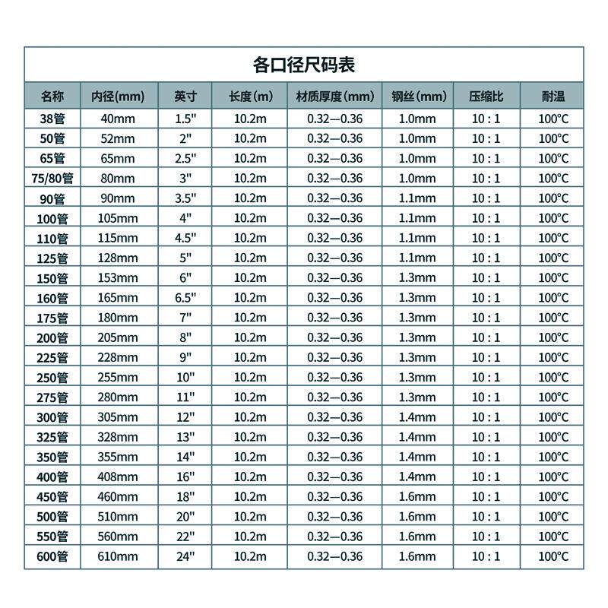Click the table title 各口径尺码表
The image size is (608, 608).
click(x=303, y=65)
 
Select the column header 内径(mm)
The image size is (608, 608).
click(x=117, y=97)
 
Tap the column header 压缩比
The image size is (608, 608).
click(x=486, y=97)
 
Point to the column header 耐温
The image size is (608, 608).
click(x=553, y=97)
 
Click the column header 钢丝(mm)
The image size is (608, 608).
click(x=418, y=97)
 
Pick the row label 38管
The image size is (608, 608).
click(x=52, y=119)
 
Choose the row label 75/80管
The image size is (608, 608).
click(x=52, y=179)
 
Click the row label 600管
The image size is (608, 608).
click(x=52, y=556)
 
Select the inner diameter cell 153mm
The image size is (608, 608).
click(x=117, y=277)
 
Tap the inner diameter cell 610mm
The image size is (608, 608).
click(x=117, y=556)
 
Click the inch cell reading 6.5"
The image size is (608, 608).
click(x=185, y=297)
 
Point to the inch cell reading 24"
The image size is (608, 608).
click(x=185, y=556)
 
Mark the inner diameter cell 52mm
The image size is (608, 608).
click(x=117, y=138)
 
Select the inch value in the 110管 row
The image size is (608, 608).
click(x=185, y=238)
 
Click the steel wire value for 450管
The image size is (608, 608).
click(x=418, y=496)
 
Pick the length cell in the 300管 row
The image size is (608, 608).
click(x=250, y=416)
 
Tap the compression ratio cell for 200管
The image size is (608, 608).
click(x=486, y=337)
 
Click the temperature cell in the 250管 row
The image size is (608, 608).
click(x=553, y=377)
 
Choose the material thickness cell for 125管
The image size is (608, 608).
click(x=335, y=258)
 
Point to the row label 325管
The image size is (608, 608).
click(x=52, y=437)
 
